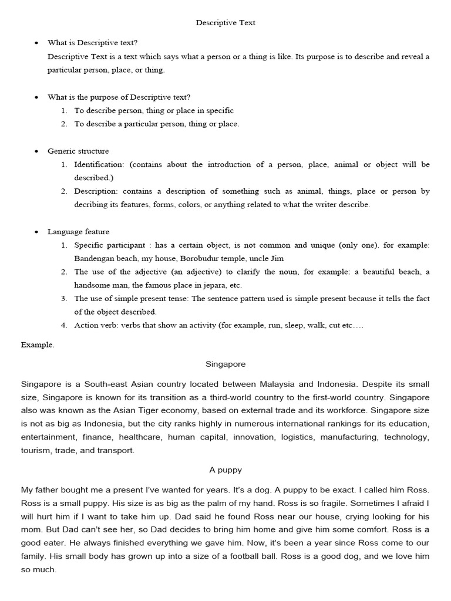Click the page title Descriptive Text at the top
pos(225,23)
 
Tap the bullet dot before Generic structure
pos(36,151)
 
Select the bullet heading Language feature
pos(78,232)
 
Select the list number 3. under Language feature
pos(63,299)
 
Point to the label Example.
pos(38,345)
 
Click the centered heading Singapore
pos(225,364)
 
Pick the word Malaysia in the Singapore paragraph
pos(274,384)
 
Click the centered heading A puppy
pos(225,470)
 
